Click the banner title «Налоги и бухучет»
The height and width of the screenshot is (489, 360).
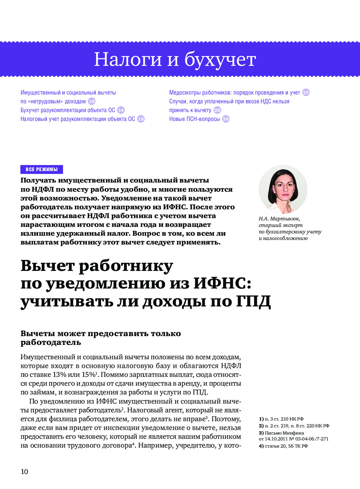coord(175,59)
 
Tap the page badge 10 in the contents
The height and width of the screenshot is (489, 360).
coord(92,101)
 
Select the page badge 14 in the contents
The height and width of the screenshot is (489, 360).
coord(121,110)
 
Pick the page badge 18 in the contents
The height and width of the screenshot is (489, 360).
coord(141,119)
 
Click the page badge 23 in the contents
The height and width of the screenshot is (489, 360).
coord(306,93)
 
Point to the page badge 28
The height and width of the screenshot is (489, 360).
coord(217,110)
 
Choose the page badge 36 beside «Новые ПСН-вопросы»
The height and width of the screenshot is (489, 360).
coord(226,119)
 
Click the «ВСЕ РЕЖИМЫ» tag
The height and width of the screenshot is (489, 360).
coord(42,170)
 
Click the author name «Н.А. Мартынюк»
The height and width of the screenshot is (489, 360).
coord(279,218)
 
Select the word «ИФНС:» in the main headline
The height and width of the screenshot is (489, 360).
coord(222,283)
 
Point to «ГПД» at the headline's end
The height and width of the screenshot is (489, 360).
coord(253,301)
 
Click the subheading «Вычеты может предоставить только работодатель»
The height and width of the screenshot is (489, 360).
coord(100,338)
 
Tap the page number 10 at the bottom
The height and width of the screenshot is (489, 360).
coord(24,472)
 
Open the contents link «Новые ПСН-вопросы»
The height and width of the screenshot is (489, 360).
coord(194,119)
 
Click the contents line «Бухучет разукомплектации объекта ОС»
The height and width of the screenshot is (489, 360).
coord(67,110)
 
